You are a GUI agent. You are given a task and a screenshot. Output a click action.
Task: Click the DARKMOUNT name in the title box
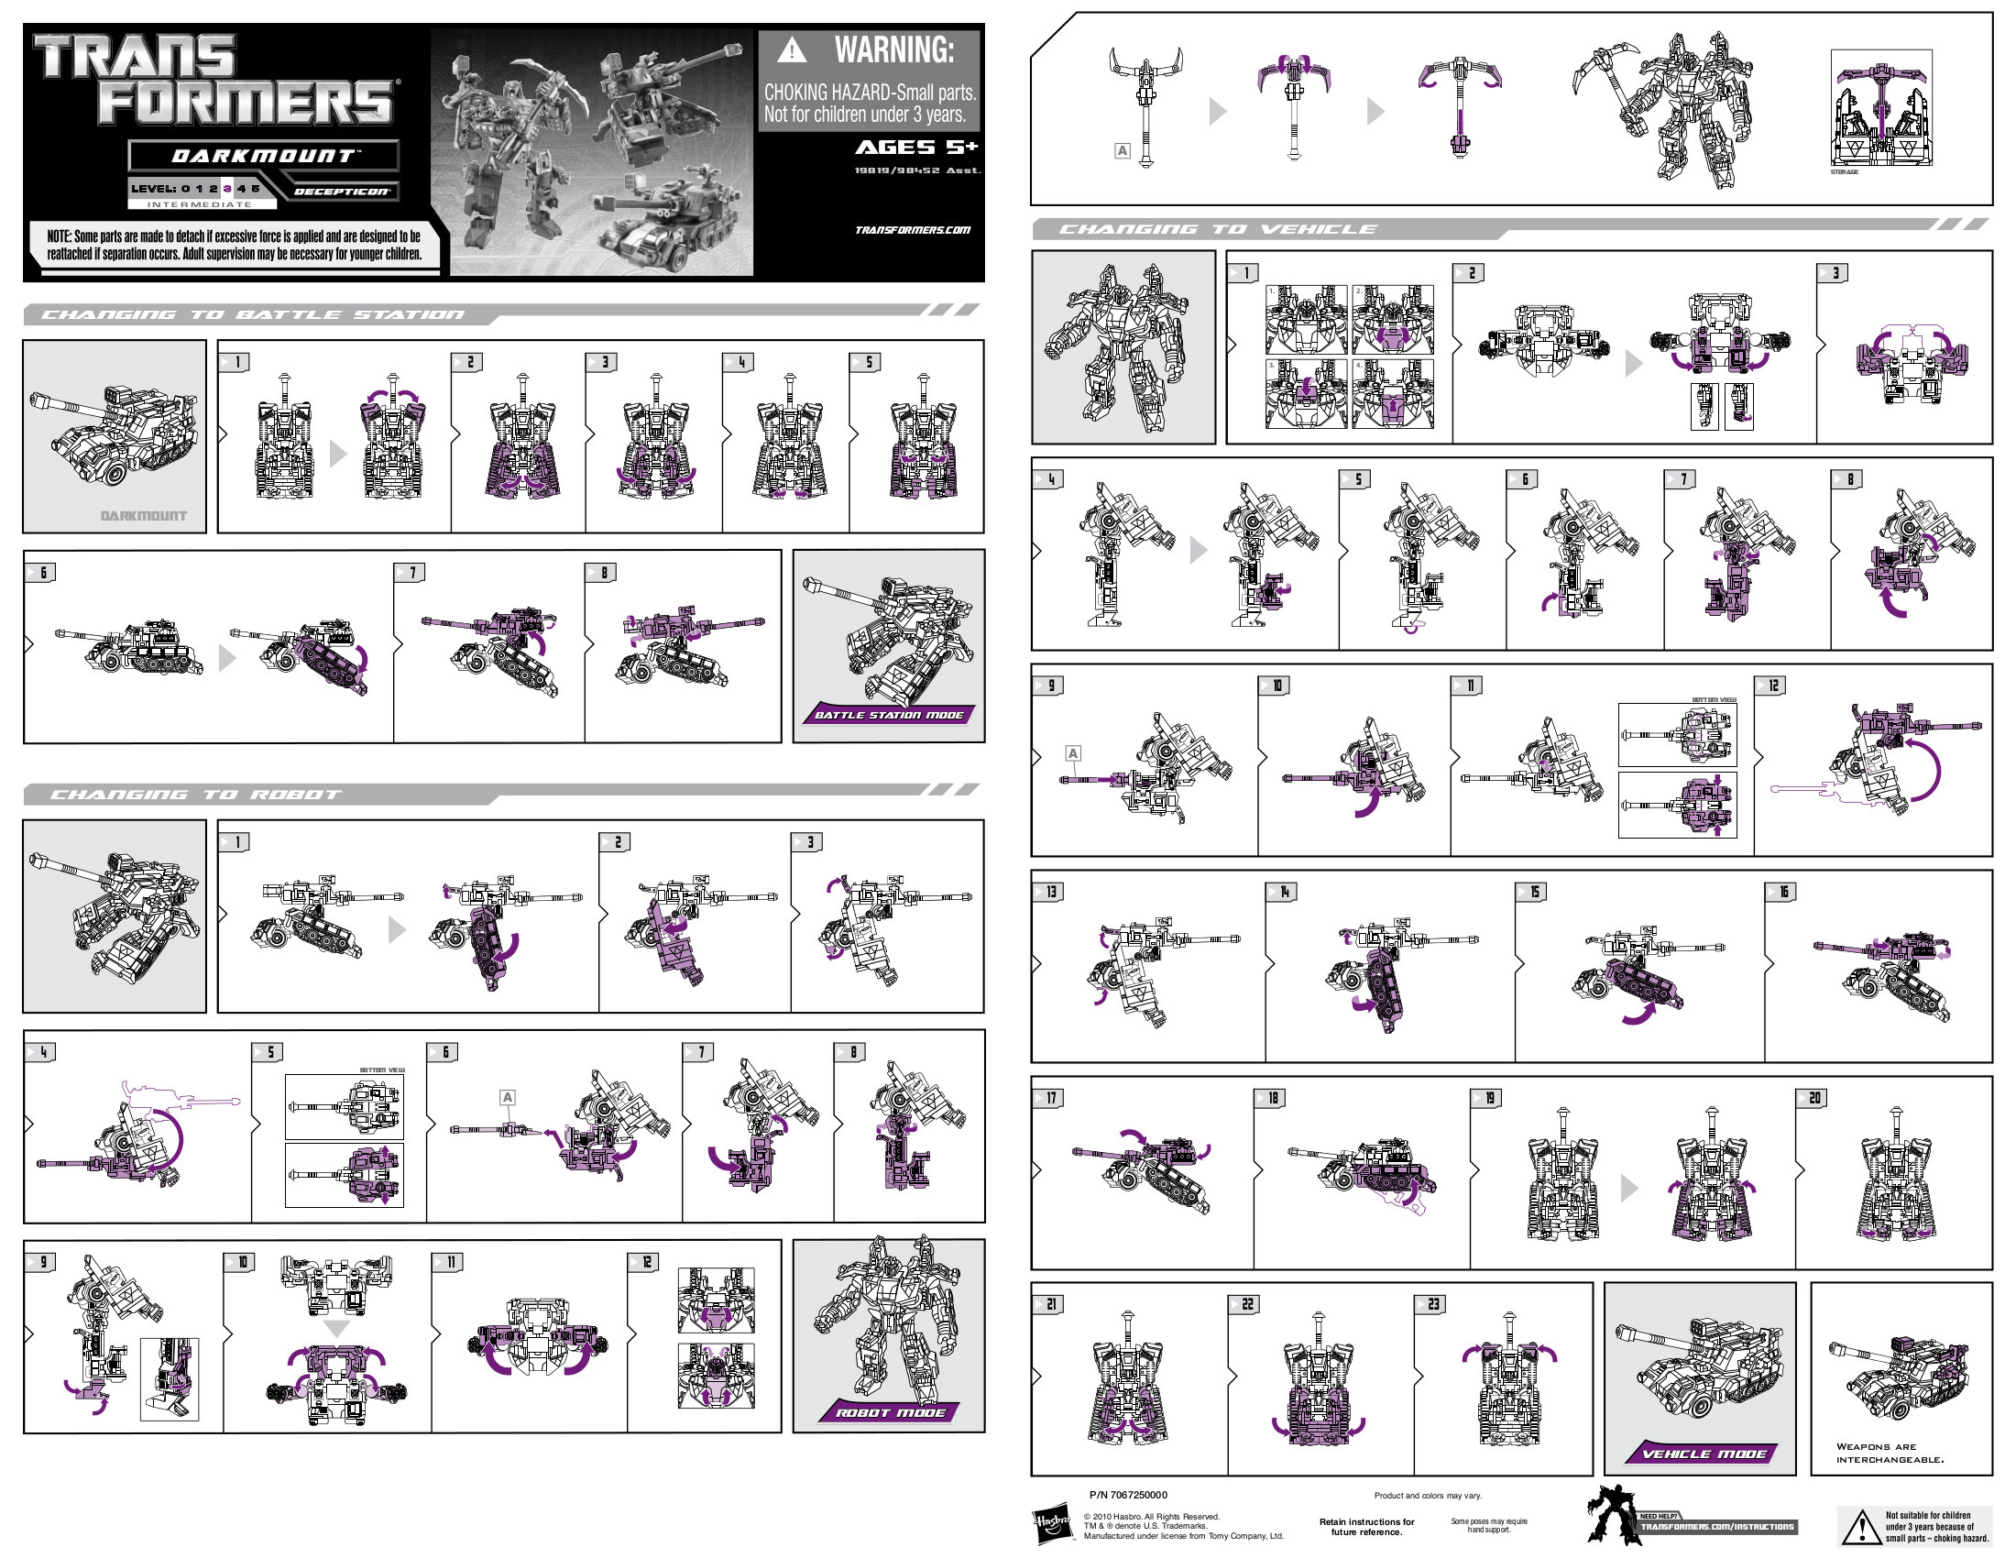(263, 156)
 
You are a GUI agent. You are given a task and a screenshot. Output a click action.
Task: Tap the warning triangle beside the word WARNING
(791, 50)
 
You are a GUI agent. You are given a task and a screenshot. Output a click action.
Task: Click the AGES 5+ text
(915, 148)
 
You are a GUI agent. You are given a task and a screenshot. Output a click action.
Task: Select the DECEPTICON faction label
(341, 191)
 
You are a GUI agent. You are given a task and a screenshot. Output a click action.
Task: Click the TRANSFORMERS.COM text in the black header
(912, 230)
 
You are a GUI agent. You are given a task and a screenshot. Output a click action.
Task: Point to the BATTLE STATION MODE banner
(888, 715)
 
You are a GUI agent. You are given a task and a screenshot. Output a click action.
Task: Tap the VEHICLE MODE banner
(1704, 1454)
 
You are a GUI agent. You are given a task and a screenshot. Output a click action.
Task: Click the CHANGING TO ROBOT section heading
(195, 795)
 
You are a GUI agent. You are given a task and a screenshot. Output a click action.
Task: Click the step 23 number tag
(1431, 1304)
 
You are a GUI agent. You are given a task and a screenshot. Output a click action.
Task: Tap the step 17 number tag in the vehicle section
(1049, 1097)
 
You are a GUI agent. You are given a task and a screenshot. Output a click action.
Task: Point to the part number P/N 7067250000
(1128, 1495)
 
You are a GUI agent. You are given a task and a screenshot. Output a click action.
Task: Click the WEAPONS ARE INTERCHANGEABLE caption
(1889, 1453)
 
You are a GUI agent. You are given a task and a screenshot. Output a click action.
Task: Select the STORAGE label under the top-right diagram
(1845, 171)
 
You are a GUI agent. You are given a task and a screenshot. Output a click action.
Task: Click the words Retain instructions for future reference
(1366, 1527)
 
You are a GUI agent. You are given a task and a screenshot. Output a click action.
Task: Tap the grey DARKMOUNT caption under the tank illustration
(143, 516)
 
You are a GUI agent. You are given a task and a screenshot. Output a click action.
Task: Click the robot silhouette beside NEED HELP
(1610, 1514)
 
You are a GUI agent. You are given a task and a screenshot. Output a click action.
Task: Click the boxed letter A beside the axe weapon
(1122, 150)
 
